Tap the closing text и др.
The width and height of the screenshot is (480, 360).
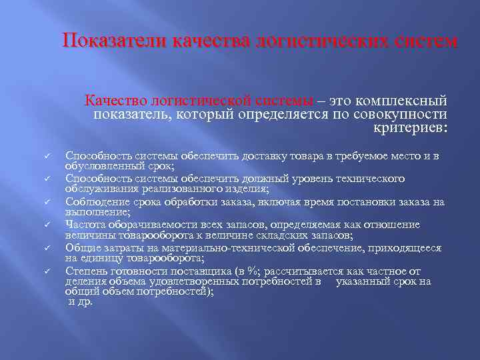[80, 301]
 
